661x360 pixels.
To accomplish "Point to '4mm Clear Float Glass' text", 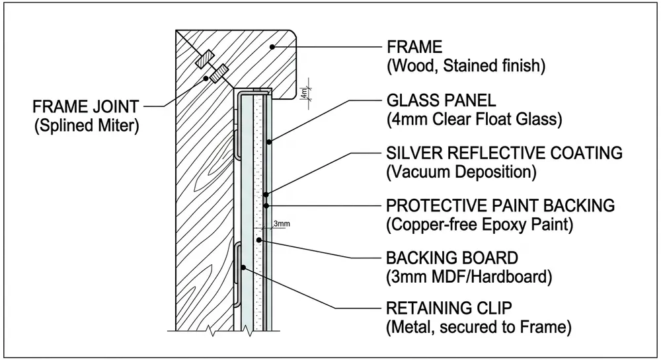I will point(473,120).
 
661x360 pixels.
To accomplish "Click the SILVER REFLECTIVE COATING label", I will point(504,153).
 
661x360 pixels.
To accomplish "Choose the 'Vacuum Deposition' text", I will point(460,172).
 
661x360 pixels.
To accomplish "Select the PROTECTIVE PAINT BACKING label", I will point(500,206).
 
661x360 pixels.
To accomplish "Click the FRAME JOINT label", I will point(87,106).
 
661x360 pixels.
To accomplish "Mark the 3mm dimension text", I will point(282,225).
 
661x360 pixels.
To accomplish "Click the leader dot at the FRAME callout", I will point(272,47).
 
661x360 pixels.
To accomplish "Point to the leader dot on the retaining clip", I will point(244,268).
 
